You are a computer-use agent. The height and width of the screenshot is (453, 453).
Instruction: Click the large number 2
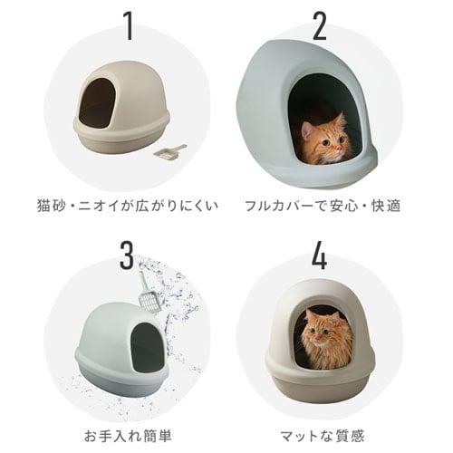pos(319,27)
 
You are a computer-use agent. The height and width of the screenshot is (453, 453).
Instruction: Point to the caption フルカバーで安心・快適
pos(323,204)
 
